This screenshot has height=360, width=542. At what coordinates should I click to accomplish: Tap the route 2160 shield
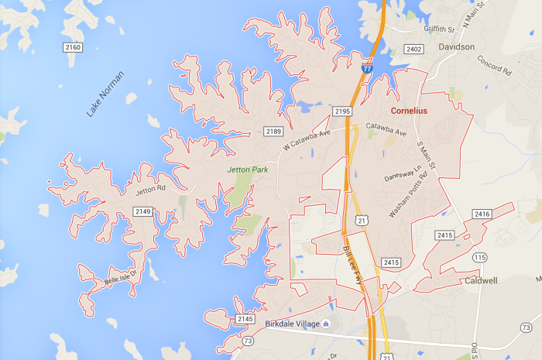click(73, 48)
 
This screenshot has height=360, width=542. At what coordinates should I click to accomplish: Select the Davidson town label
click(456, 46)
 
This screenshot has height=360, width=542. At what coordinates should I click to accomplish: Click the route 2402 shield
click(414, 50)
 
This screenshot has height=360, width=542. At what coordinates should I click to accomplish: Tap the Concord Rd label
click(495, 65)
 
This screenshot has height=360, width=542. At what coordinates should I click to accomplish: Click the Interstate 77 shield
click(367, 69)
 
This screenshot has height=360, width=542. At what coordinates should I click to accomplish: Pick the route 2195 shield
click(343, 111)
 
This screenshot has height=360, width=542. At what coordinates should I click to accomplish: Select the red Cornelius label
click(409, 111)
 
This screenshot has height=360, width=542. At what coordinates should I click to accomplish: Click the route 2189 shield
click(273, 132)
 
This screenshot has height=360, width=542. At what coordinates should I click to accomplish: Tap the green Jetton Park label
click(247, 169)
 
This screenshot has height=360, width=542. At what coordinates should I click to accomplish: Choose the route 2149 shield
click(142, 211)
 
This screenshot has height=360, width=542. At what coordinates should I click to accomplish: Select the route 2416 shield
click(482, 214)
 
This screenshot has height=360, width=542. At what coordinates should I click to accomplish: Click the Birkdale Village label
click(291, 324)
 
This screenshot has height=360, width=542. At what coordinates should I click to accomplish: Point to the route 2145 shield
click(245, 319)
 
